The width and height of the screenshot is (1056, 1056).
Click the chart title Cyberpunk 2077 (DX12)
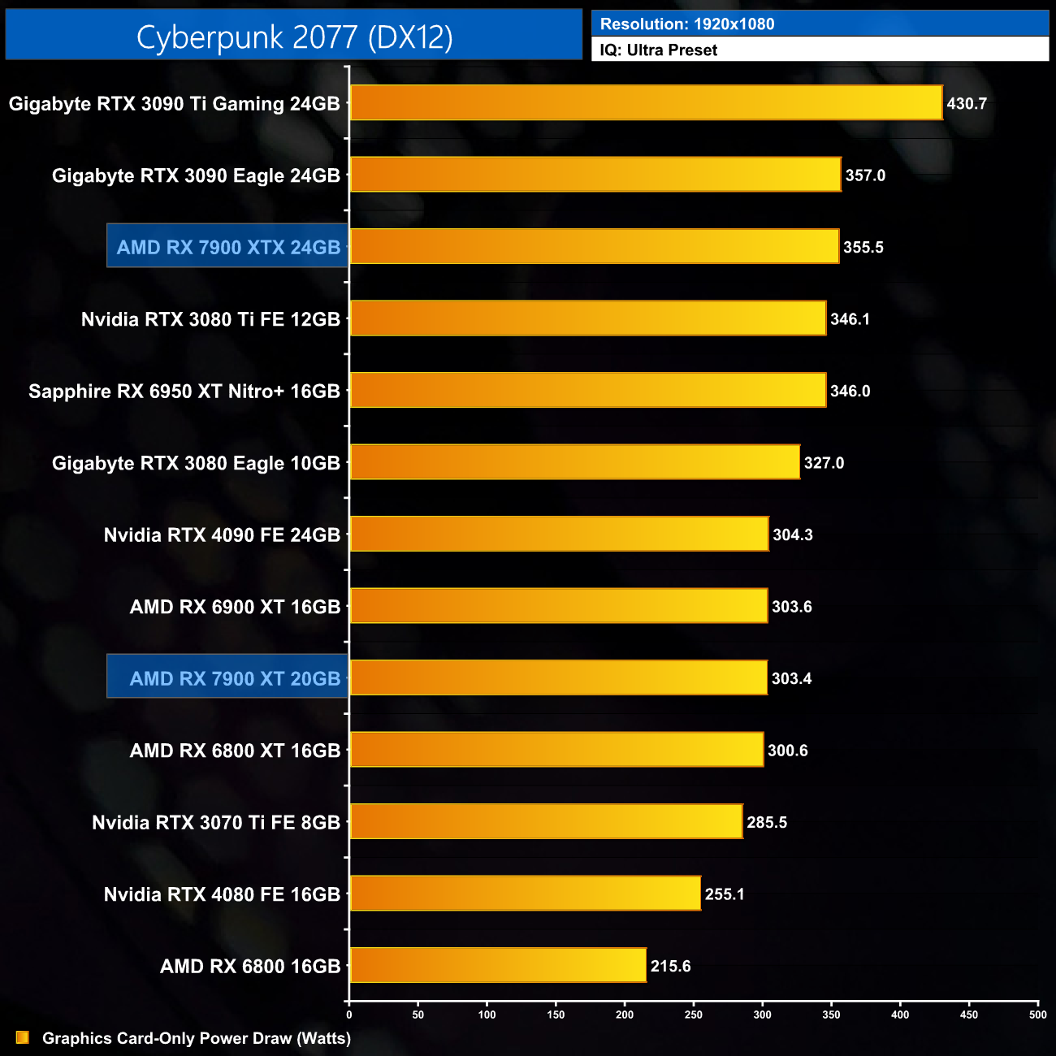point(294,37)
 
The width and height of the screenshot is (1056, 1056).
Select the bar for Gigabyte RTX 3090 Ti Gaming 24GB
point(646,103)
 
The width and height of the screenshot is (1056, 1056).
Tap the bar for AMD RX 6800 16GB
point(498,965)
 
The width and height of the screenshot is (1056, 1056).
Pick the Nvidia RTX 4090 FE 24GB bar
point(559,534)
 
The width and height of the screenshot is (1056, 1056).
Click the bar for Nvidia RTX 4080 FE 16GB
point(525,894)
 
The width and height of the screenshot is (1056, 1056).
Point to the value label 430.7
point(967,104)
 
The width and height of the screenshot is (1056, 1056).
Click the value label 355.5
point(863,248)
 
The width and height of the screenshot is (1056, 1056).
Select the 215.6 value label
point(670,967)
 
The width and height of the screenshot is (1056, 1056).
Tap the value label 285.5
point(767,823)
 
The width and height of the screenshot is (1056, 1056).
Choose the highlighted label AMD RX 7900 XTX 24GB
point(228,247)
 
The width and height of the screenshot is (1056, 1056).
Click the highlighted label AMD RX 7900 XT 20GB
point(235,678)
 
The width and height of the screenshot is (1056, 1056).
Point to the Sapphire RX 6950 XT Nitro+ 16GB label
point(184,392)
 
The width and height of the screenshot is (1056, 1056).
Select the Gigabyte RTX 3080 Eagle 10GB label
point(196,463)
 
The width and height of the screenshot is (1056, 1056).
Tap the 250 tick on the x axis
point(694,1015)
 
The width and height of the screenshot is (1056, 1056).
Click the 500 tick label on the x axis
point(1038,1015)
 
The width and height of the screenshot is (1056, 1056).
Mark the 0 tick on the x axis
point(349,1015)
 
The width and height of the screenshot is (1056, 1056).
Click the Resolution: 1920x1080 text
point(687,24)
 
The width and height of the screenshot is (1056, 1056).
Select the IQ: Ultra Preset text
point(659,50)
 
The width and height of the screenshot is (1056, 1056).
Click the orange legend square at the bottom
point(23,1037)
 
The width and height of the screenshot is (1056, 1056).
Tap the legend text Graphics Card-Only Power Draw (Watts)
point(197,1038)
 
